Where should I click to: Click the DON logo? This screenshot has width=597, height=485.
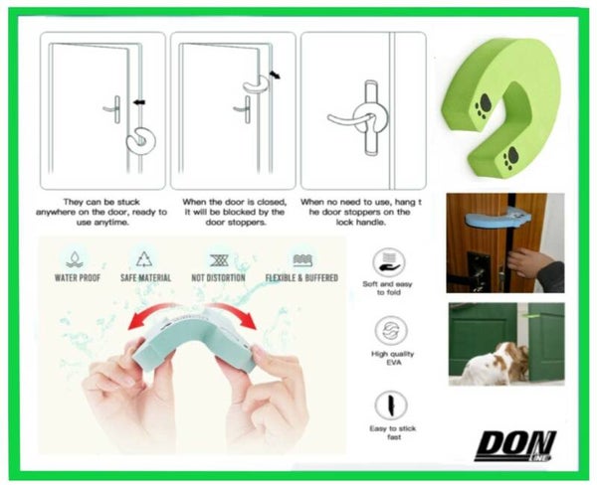click(514, 445)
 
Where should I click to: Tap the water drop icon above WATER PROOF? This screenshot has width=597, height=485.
click(75, 259)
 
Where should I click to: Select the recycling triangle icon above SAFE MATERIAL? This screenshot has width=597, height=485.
click(144, 259)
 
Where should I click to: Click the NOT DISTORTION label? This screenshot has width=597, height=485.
click(218, 277)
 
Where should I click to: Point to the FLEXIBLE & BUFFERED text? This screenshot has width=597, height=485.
click(301, 277)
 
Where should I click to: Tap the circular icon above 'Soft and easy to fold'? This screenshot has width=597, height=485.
click(389, 262)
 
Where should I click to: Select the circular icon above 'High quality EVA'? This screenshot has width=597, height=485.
click(391, 330)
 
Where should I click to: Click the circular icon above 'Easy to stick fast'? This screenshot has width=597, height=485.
click(391, 405)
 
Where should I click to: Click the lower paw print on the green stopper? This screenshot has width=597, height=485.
click(510, 157)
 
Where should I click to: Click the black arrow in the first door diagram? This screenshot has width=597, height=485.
click(139, 102)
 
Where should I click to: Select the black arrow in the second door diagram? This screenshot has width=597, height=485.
click(275, 75)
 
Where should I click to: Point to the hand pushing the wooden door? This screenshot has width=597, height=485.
click(531, 263)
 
